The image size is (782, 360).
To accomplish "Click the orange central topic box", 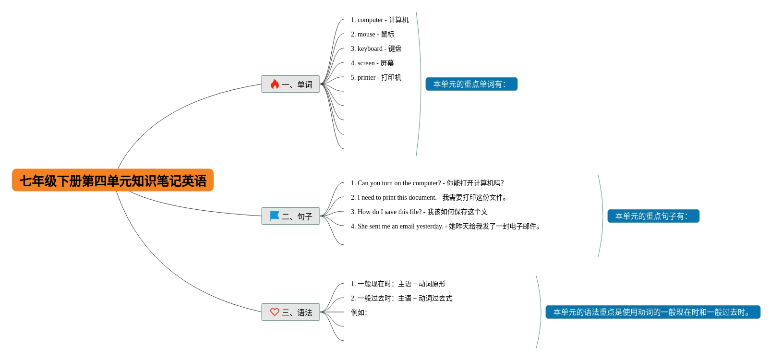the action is click(x=113, y=180).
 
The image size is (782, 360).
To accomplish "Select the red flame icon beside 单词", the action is click(x=275, y=84).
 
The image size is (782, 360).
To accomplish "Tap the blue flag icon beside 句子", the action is click(x=275, y=216).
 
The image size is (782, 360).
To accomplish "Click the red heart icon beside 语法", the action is click(x=275, y=312).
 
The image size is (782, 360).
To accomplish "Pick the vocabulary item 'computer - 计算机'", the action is click(x=380, y=20).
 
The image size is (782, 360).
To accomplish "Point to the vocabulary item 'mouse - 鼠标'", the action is click(x=373, y=34).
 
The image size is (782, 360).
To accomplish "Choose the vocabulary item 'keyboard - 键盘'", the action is click(x=376, y=48).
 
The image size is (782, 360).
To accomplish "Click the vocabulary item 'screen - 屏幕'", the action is click(x=372, y=63).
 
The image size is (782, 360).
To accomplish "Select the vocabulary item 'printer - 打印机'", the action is click(x=376, y=77).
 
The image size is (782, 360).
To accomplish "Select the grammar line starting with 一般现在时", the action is click(x=398, y=284).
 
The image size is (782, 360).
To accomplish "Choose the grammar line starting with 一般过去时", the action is click(x=401, y=298).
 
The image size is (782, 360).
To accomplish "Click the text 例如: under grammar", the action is click(x=359, y=312).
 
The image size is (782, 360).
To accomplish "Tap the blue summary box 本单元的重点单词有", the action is click(x=471, y=84).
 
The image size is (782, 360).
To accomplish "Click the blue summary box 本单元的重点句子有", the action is click(x=653, y=216).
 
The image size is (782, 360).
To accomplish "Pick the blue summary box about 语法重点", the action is click(x=653, y=312).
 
